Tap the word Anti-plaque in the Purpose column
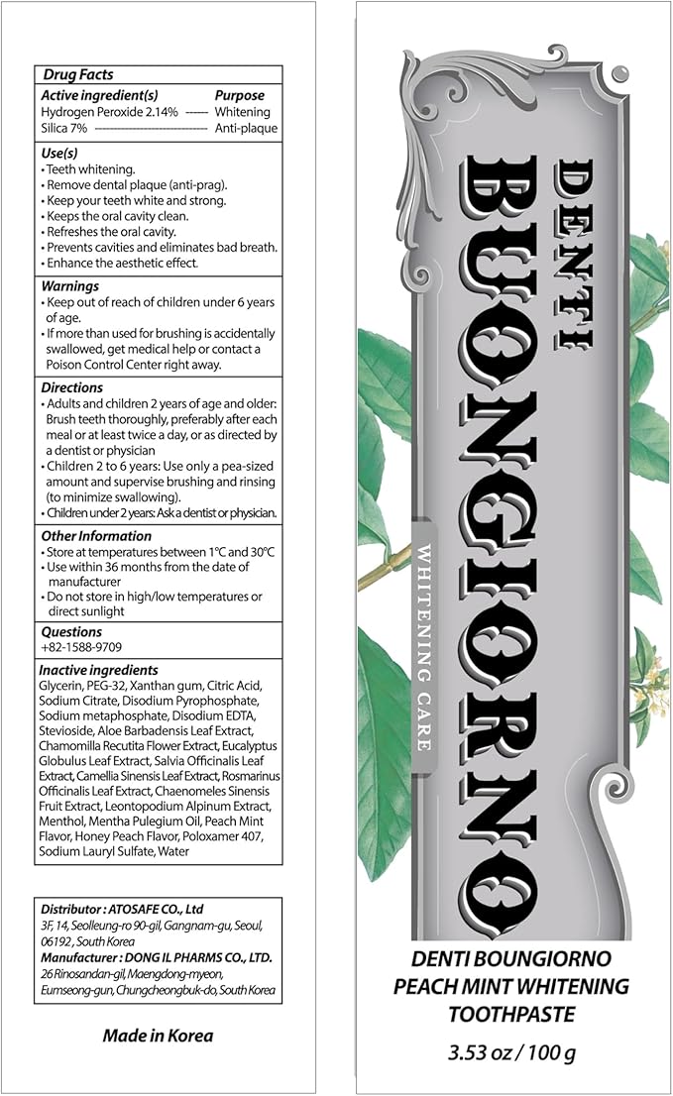click(246, 128)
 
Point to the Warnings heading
click(70, 285)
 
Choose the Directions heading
click(72, 387)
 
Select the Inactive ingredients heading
click(99, 670)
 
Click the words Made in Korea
click(159, 1036)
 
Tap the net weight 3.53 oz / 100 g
click(512, 1051)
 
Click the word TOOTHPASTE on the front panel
click(511, 1015)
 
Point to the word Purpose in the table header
click(240, 95)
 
